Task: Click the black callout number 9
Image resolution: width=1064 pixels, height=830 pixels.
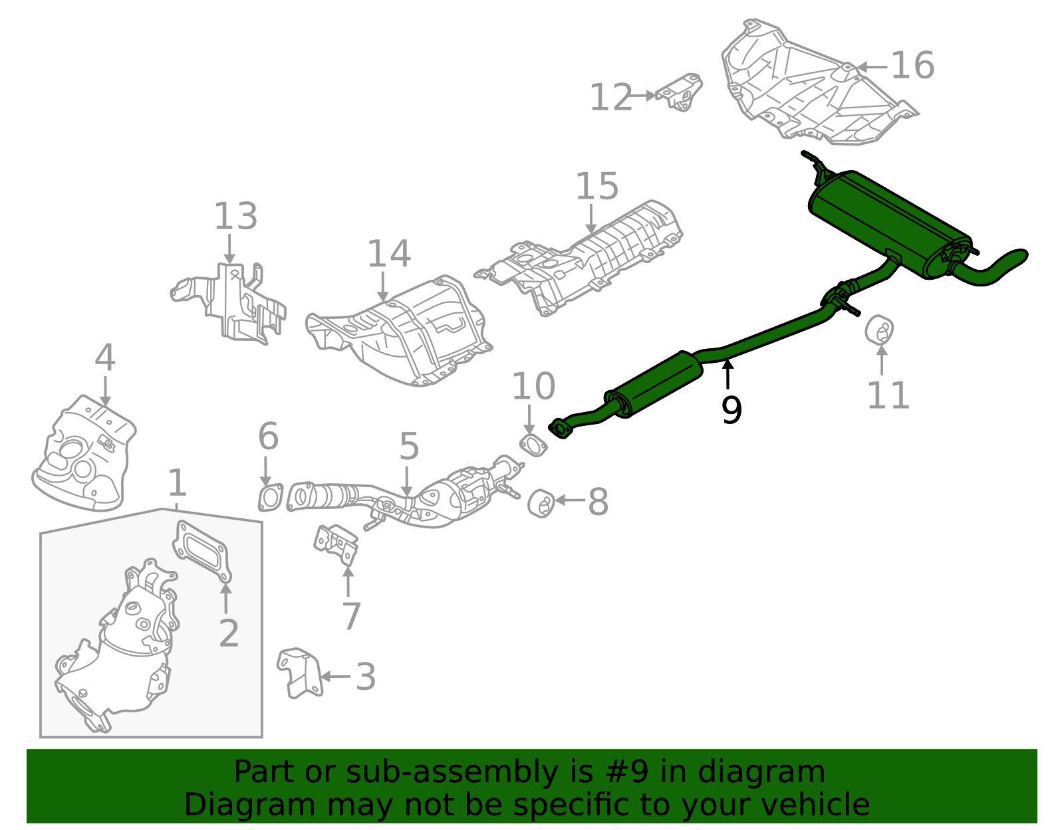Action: coord(731,410)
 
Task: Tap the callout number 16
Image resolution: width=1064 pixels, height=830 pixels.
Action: coord(912,66)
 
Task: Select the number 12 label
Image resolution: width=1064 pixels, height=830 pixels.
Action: coord(610,98)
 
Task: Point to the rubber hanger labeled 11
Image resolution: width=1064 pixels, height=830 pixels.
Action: coord(879,330)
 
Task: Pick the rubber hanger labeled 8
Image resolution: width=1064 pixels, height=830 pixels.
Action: coord(542,503)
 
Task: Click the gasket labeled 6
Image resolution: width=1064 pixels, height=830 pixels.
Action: coord(270,498)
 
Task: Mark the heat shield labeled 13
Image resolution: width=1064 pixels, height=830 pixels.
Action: coord(233,302)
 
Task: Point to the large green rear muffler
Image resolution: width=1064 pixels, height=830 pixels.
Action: coord(888,223)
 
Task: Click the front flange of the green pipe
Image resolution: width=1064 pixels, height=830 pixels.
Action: coord(561,429)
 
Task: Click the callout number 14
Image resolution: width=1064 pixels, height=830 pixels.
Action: coord(389,254)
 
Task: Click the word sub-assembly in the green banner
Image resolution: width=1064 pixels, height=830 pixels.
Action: coord(443,772)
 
